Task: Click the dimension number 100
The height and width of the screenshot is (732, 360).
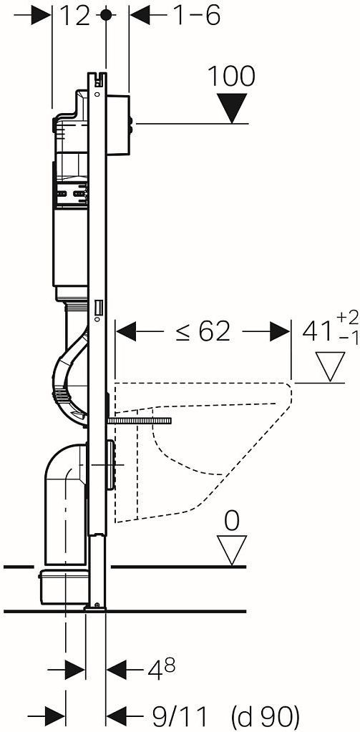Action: coord(231,76)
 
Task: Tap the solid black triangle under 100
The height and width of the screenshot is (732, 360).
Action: coord(233,107)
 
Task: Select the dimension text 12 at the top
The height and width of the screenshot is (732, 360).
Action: coord(74,16)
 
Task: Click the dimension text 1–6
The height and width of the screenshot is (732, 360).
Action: coord(197,16)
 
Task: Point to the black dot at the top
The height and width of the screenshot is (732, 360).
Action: coord(106,15)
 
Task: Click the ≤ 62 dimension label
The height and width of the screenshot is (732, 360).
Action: coord(203,332)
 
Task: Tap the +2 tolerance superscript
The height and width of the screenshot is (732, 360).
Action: coord(347,318)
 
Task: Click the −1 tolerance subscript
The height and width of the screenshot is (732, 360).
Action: coord(347,339)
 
